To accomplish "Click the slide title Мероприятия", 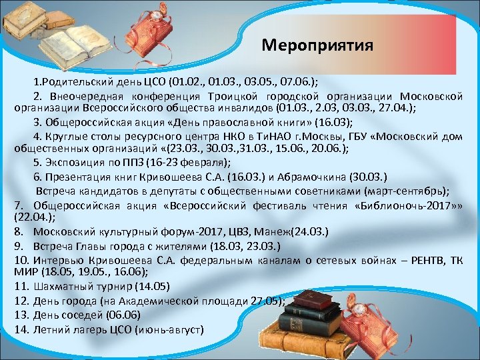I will click(317, 45).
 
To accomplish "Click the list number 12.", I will click(21, 301).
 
